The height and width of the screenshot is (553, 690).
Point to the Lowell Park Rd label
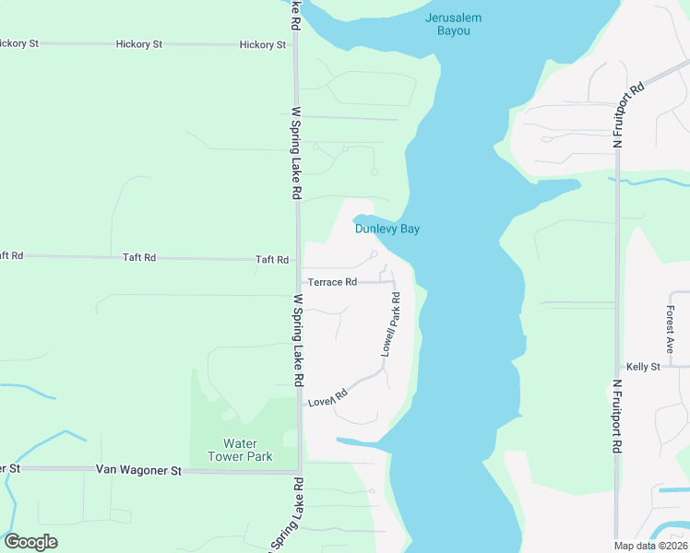point(391,324)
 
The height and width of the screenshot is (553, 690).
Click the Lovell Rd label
point(327,398)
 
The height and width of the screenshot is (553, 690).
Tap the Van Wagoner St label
point(139,470)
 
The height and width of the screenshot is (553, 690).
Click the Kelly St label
point(643,367)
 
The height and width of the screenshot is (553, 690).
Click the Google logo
point(30,542)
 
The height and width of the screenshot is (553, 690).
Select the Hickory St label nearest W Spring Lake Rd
point(262,44)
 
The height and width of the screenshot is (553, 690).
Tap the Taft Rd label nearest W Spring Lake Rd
point(272,261)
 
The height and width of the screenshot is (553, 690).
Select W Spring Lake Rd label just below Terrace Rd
point(298,340)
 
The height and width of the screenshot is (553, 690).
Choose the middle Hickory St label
point(139,44)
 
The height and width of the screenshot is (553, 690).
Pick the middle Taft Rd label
point(139,258)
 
